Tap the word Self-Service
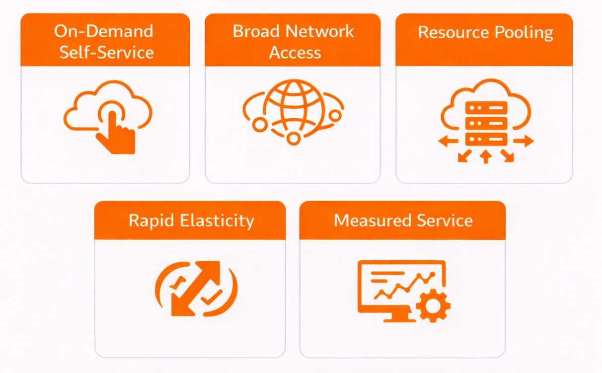pos(106,52)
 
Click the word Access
pos(295,52)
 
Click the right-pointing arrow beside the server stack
pos(524,142)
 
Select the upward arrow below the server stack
pos(486,157)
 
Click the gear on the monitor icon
pos(433,305)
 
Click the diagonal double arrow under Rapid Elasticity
pos(196,288)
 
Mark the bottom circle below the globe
pos(294,139)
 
